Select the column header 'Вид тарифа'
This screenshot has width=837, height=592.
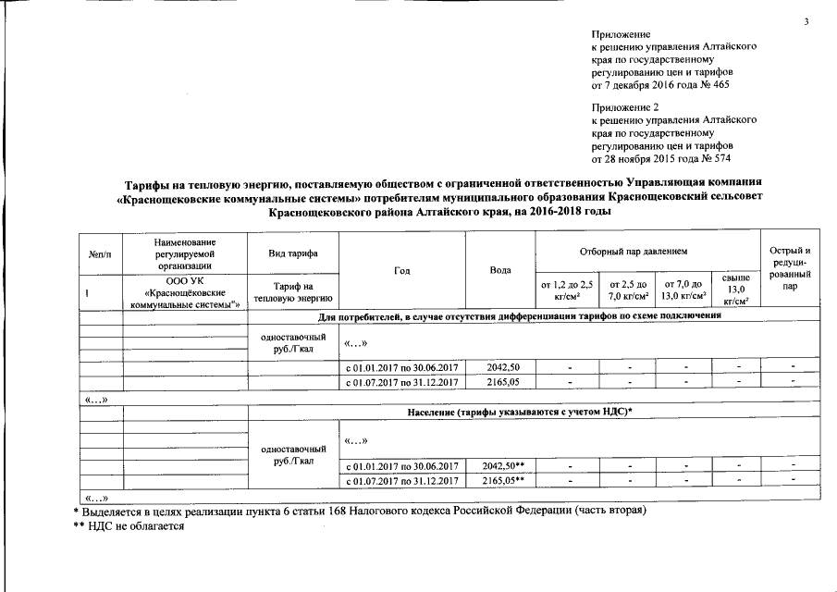pos(293,253)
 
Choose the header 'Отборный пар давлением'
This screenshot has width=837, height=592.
pos(646,251)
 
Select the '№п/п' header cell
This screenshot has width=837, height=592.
pos(100,253)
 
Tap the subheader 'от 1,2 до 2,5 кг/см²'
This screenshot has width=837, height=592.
pos(567,290)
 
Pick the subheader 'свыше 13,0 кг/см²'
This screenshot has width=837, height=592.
pos(736,290)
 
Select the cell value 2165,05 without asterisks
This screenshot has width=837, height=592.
pos(501,381)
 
